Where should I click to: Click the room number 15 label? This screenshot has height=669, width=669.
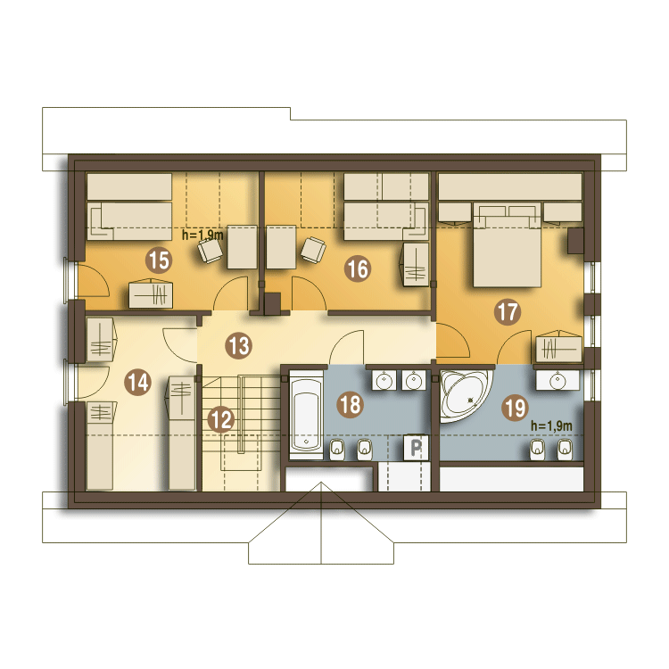coord(159,260)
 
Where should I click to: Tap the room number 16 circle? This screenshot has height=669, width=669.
coord(358,268)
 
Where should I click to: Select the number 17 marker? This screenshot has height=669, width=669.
coord(508,312)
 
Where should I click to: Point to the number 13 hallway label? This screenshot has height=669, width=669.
coord(238,345)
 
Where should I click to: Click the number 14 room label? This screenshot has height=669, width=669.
coord(137,382)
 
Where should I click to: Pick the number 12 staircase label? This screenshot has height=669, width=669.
coord(221,419)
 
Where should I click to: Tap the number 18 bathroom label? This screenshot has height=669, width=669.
coord(351,404)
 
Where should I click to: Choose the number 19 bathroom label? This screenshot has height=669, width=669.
coord(515,408)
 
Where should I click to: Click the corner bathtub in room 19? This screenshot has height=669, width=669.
coord(463,394)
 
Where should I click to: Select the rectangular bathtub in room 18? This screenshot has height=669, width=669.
coord(306,415)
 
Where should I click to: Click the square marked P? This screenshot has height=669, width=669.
coord(416,448)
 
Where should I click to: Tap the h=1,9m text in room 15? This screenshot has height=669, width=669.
coord(202,235)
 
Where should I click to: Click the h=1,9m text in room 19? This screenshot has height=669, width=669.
coord(551,425)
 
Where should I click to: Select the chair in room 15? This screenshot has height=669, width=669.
coord(210,251)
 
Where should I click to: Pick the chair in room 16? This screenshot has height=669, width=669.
coord(313,250)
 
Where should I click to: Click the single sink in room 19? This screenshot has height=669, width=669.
coord(557,380)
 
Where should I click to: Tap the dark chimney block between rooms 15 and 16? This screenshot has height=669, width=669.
coord(272,304)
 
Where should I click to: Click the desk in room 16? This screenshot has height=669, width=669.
coord(281,247)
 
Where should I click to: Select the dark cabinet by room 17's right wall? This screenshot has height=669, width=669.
coord(575,241)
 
